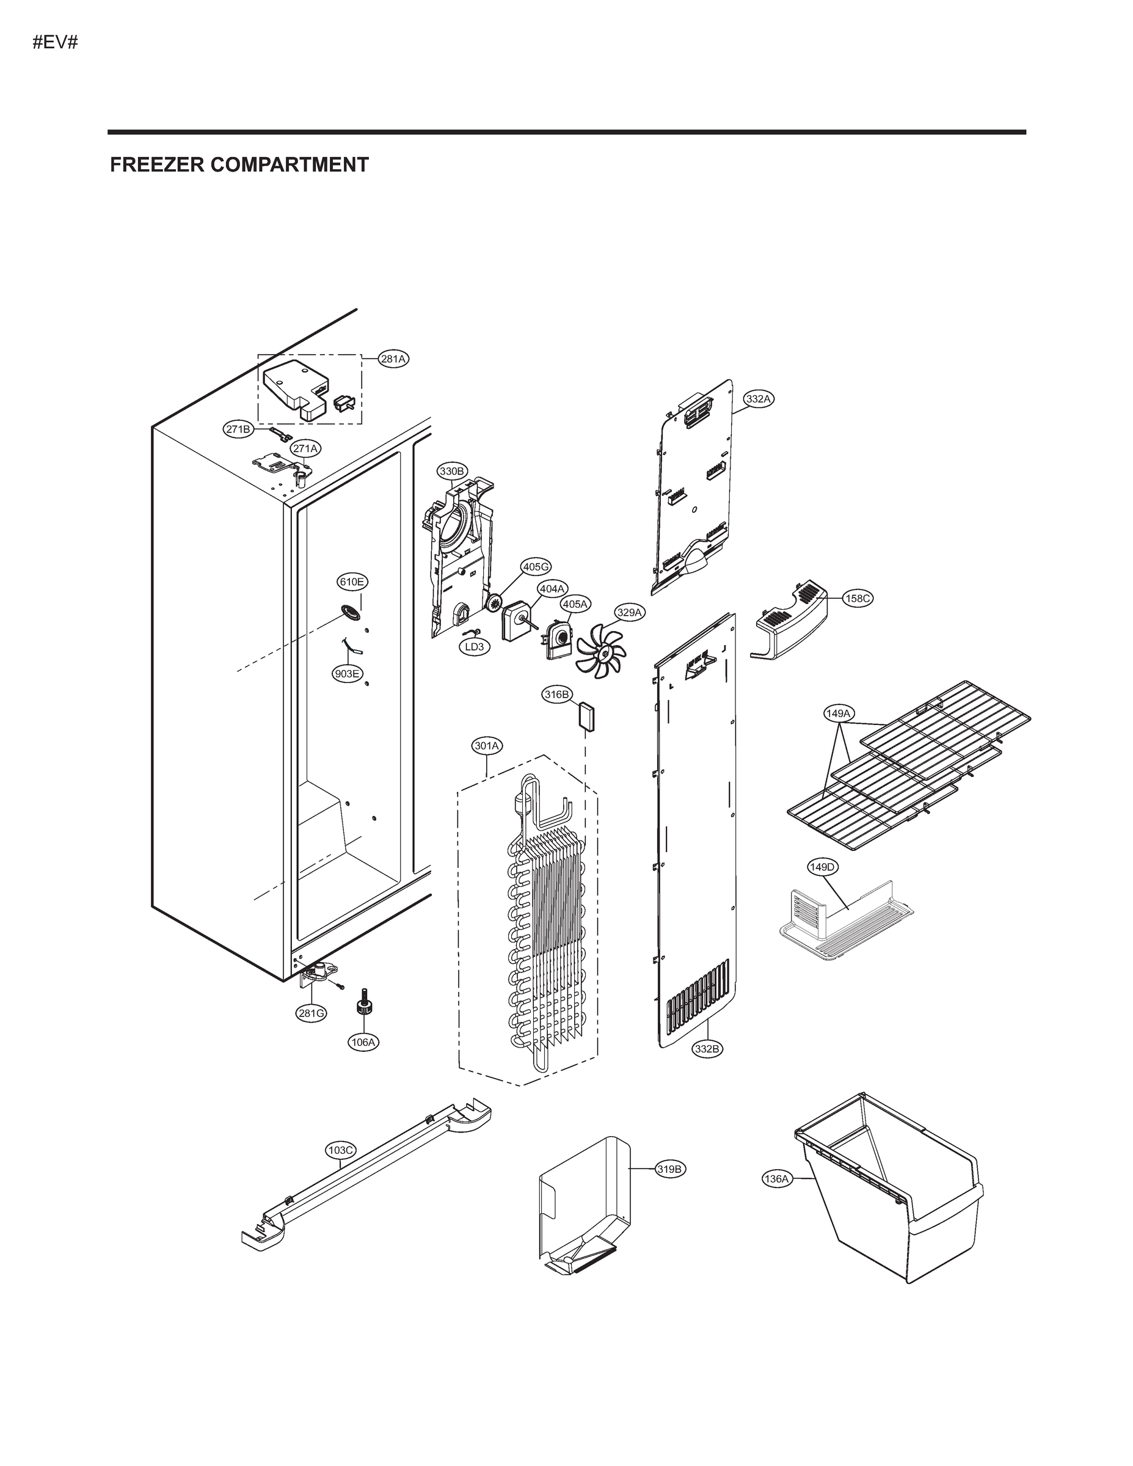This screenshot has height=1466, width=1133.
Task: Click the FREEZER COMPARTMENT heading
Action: point(239,164)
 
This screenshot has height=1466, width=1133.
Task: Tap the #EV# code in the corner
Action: point(56,43)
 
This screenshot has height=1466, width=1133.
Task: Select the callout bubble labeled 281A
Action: point(393,359)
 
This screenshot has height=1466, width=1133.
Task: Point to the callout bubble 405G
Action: point(536,567)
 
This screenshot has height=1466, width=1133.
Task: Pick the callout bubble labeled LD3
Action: point(475,647)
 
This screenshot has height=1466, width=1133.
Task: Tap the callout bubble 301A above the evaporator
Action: point(487,746)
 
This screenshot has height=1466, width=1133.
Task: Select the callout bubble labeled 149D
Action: point(822,867)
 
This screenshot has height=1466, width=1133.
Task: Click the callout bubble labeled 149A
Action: point(839,713)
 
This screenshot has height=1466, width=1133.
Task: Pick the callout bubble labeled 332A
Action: point(759,399)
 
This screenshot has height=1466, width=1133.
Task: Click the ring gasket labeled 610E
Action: point(350,611)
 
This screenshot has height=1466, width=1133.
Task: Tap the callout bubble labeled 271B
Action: point(238,429)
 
